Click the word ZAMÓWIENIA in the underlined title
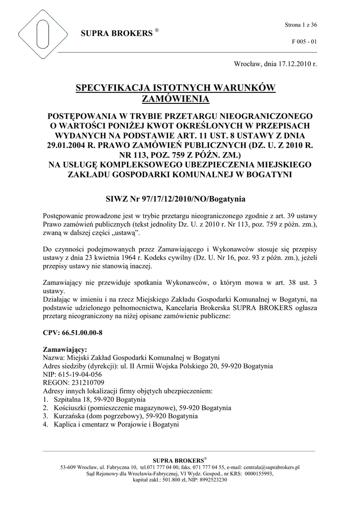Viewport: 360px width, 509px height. point(175,99)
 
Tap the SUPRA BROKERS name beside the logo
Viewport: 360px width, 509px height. point(116,34)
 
